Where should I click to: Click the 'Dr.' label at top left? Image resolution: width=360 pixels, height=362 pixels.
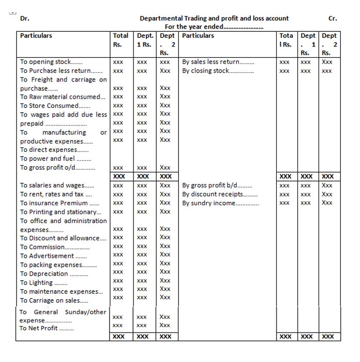(x=25, y=18)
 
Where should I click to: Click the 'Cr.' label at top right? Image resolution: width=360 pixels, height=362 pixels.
(x=333, y=18)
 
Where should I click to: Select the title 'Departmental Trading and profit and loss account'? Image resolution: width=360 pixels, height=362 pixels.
(x=214, y=18)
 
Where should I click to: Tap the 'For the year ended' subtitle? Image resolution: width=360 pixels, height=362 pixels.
(x=214, y=27)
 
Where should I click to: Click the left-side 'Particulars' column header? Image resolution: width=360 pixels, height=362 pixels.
(x=36, y=36)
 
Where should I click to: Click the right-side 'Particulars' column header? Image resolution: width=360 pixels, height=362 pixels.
(x=198, y=36)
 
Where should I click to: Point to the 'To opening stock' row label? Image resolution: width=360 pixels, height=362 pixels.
(x=51, y=62)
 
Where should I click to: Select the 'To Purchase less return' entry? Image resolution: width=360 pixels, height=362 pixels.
(x=61, y=70)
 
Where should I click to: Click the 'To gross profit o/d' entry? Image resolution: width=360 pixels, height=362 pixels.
(x=57, y=168)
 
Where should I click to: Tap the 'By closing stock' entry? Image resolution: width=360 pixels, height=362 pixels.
(x=218, y=70)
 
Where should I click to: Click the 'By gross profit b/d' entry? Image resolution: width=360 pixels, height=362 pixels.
(x=217, y=185)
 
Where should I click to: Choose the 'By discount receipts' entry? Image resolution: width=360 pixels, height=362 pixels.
(x=220, y=194)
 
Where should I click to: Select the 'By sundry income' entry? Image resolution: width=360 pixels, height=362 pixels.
(x=220, y=203)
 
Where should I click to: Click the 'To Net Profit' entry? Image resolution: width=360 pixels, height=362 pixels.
(x=47, y=328)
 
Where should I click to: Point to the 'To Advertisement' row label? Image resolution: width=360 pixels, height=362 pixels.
(x=53, y=256)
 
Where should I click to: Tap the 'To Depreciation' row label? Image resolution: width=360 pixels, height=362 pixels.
(x=54, y=274)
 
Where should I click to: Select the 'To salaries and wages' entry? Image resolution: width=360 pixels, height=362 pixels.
(x=57, y=185)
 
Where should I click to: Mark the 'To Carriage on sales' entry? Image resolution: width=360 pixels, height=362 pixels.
(x=54, y=300)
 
